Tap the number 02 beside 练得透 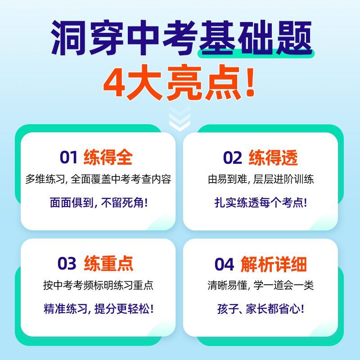coord(232,158)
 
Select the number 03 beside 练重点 coord(67,263)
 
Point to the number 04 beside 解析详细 coord(224,264)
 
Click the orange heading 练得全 coord(108,157)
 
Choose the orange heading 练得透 coord(273,157)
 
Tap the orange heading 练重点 coord(108,263)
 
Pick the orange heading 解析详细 coord(274,264)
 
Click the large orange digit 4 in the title coord(114,82)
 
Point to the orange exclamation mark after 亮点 coord(250,81)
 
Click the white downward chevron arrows coord(180,118)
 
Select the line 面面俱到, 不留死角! coord(99,202)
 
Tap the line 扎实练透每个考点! coord(261,202)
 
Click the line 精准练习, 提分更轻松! coord(99,309)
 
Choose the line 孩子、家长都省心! coord(261,309)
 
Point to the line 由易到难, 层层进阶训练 coord(261,179)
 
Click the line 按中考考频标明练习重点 coord(98,285)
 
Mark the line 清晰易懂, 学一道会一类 coord(261,285)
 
